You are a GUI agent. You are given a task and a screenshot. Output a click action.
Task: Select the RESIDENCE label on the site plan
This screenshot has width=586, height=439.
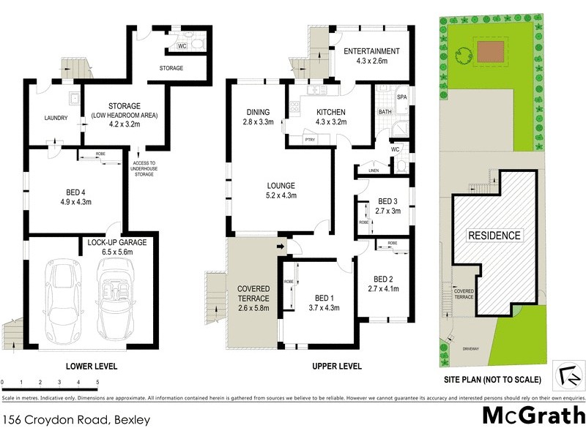(x=494, y=236)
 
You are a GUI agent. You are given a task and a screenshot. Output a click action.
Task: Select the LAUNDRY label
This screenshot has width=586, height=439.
(x=56, y=118)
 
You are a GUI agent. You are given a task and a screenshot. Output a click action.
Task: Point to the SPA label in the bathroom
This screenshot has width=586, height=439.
(x=401, y=97)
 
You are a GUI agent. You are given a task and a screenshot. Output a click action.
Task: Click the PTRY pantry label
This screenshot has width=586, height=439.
(x=310, y=139)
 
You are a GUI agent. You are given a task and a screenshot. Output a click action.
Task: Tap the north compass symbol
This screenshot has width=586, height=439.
(x=568, y=375)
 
